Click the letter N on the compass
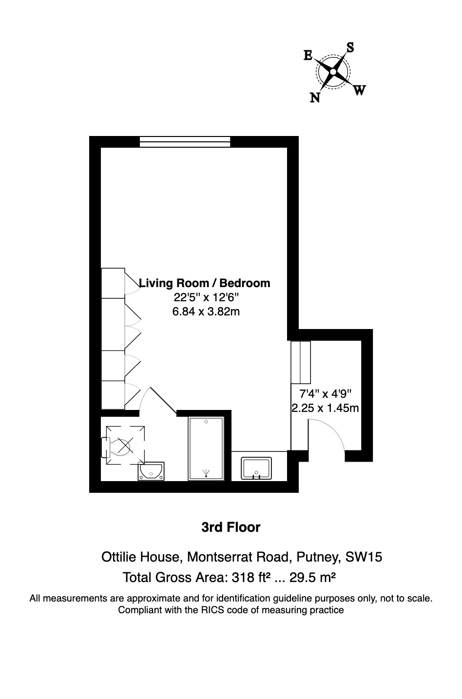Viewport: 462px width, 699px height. (x=315, y=98)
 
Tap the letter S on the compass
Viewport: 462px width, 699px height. (x=350, y=47)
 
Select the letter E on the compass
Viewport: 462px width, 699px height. (x=308, y=56)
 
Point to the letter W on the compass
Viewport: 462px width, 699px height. (x=359, y=91)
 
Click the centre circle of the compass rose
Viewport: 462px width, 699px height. (x=333, y=72)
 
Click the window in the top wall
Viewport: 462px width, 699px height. (x=185, y=142)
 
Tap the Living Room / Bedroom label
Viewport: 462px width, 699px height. (x=205, y=283)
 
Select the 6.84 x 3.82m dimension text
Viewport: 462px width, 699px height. (x=206, y=311)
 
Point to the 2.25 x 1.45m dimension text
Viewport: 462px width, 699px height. (x=326, y=408)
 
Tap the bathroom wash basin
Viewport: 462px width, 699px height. (x=151, y=471)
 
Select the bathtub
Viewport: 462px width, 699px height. (x=206, y=448)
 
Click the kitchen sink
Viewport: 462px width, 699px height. (x=256, y=468)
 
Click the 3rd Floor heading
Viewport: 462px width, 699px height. (x=231, y=527)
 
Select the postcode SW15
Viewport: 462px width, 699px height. (x=364, y=557)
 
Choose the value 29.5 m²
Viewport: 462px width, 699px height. (x=312, y=577)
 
